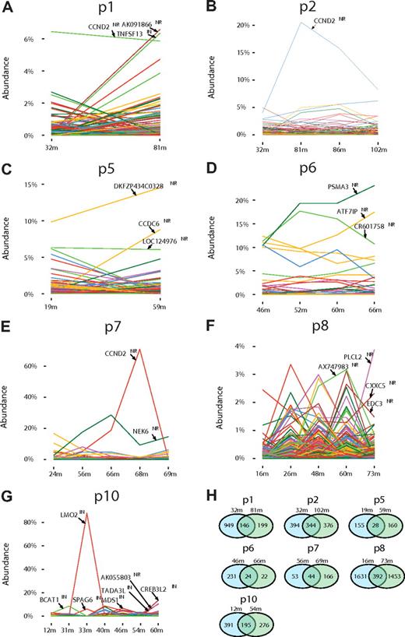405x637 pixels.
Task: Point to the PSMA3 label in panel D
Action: [337, 187]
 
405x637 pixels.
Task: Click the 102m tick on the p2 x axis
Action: [379, 146]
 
